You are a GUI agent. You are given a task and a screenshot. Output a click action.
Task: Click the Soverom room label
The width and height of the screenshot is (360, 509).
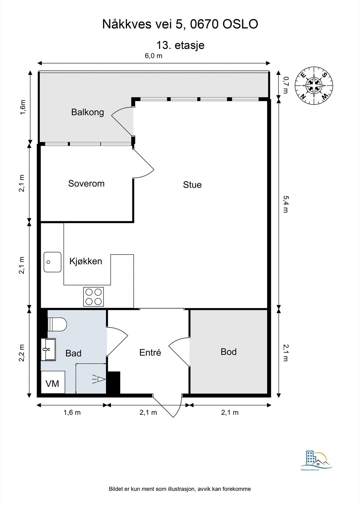click(86, 183)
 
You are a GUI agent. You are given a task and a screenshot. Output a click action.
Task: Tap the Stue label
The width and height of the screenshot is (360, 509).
click(192, 185)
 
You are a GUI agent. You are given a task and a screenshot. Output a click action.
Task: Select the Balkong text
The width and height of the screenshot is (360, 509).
click(88, 112)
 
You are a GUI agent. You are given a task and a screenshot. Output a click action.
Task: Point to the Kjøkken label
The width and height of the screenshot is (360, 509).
click(86, 261)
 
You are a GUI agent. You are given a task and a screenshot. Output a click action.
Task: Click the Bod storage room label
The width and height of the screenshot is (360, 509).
click(229, 352)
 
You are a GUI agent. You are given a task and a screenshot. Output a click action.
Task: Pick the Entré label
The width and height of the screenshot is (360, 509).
click(150, 352)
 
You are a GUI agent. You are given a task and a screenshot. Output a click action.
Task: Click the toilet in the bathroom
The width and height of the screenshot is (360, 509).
click(57, 324)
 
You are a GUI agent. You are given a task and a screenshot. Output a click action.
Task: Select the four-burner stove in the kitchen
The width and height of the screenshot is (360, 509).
click(94, 297)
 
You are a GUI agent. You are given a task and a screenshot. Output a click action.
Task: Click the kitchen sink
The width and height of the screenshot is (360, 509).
click(53, 262)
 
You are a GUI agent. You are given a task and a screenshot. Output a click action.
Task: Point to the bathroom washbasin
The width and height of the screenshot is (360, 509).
click(48, 350)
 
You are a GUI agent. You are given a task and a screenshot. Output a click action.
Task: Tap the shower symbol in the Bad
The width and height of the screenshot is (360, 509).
click(99, 379)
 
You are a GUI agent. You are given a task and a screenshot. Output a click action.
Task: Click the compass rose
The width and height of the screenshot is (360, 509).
click(314, 86)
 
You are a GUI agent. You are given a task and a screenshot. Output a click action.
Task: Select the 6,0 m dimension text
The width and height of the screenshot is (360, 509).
click(154, 56)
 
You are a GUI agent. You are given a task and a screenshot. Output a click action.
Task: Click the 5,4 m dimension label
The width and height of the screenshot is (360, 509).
click(286, 204)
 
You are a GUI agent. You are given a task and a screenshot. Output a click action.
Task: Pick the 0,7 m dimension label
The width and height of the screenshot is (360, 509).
click(286, 85)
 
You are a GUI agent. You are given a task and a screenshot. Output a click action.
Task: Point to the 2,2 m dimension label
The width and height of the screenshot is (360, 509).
click(22, 353)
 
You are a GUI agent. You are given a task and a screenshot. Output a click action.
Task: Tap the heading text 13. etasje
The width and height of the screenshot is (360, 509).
click(180, 45)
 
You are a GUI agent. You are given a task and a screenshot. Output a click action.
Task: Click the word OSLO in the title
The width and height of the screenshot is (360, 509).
click(240, 24)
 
